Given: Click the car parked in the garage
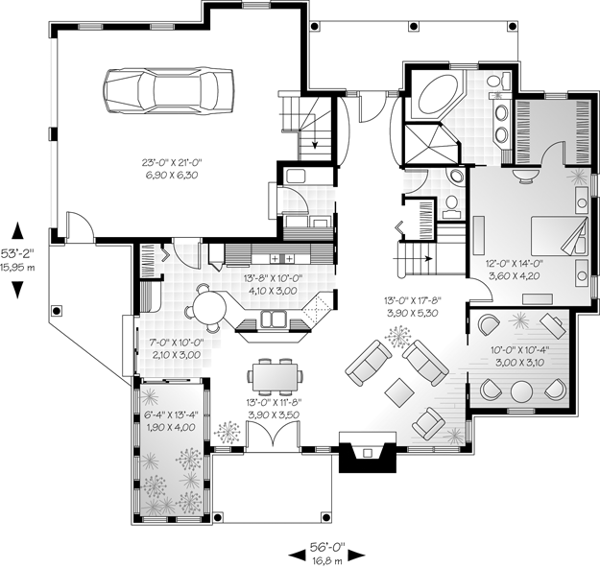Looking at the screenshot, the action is click(x=168, y=90).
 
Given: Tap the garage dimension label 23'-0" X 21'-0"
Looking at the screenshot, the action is click(x=172, y=162).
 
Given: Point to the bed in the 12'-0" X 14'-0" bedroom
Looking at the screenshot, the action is click(x=559, y=236).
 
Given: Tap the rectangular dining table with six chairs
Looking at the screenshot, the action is click(x=275, y=377).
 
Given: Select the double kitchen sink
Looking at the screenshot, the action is click(x=274, y=319).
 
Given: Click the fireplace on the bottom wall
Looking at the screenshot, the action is click(x=368, y=452).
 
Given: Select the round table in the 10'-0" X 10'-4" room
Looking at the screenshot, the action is click(x=521, y=391).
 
